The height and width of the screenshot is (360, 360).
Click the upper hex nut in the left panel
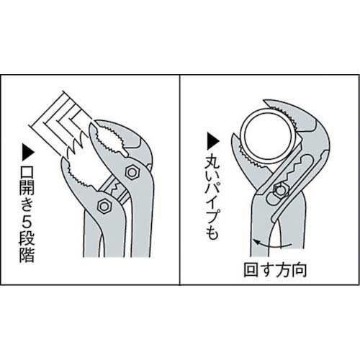(131, 172)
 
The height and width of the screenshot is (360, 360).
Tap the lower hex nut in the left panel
(104, 206)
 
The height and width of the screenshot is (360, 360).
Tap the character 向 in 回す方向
(299, 269)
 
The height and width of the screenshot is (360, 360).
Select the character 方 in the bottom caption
(284, 269)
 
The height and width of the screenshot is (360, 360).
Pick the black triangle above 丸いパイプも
(212, 141)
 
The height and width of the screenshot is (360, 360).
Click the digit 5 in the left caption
(27, 222)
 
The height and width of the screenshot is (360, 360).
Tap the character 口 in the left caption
(27, 171)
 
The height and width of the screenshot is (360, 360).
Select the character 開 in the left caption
(27, 188)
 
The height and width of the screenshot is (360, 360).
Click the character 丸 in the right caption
(212, 163)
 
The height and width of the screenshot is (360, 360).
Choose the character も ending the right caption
(212, 233)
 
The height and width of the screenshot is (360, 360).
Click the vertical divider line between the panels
(180, 180)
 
